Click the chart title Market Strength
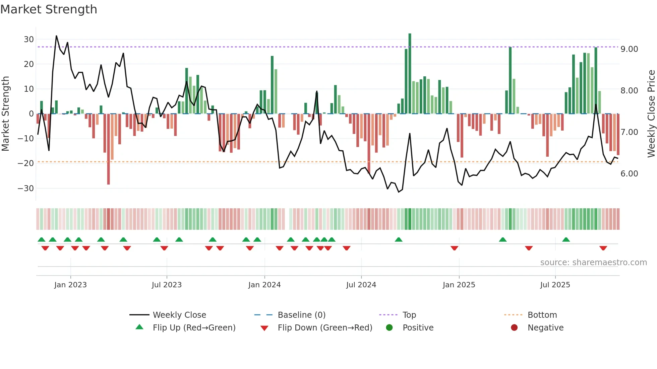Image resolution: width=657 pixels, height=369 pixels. (x=49, y=9)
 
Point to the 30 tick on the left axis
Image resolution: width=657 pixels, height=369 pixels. (x=29, y=39)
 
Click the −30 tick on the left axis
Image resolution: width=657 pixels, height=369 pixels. (x=26, y=188)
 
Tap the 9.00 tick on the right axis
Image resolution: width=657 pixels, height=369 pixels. (x=629, y=49)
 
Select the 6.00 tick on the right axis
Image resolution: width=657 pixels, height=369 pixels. (x=629, y=174)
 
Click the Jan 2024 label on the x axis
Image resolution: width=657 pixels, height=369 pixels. (x=264, y=285)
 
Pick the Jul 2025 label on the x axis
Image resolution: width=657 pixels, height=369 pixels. (x=555, y=285)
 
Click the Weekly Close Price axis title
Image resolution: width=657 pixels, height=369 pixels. (x=651, y=114)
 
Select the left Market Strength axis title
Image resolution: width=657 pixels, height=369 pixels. (x=5, y=114)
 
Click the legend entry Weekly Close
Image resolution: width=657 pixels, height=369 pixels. (x=179, y=315)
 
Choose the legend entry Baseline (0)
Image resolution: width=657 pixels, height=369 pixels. (x=301, y=315)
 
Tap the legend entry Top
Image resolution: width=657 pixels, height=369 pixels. (x=409, y=315)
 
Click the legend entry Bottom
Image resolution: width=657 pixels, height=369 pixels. (x=542, y=315)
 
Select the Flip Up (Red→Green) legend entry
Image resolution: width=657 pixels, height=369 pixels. (x=194, y=328)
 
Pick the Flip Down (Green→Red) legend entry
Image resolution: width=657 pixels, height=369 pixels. (x=325, y=328)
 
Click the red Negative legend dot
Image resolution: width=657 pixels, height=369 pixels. (x=514, y=328)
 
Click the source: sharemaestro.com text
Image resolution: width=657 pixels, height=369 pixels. (x=593, y=263)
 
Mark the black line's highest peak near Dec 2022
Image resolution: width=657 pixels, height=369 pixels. (x=56, y=36)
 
